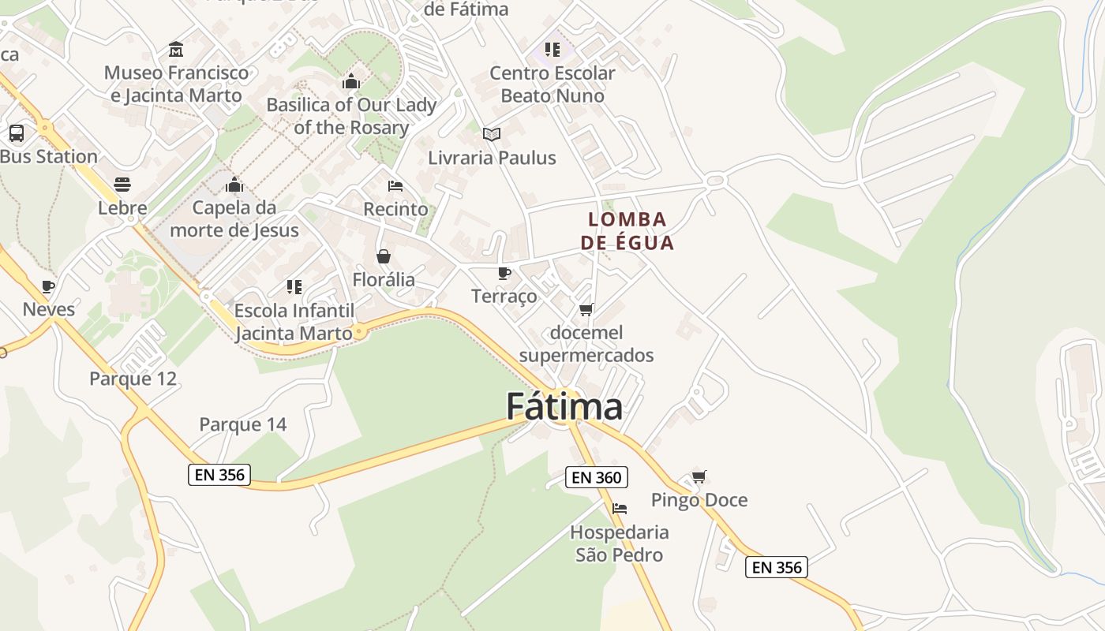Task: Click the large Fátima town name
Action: [x=564, y=407]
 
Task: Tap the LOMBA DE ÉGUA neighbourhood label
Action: [x=627, y=230]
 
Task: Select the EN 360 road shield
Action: [x=597, y=477]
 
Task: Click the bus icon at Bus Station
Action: [x=17, y=133]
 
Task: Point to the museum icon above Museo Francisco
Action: [x=176, y=49]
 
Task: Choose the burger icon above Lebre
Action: [x=122, y=185]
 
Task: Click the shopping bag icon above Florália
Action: [x=384, y=256]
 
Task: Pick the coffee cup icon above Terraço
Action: [x=504, y=273]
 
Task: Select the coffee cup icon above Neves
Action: [x=48, y=286]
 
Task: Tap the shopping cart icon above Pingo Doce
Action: [x=699, y=476]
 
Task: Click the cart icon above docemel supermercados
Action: [x=586, y=309]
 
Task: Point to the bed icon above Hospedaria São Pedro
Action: [x=620, y=509]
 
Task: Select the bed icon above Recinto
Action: [x=395, y=186]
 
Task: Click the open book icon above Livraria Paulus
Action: [x=492, y=134]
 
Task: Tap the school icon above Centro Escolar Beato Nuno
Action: [x=552, y=50]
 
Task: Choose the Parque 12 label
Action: [x=133, y=379]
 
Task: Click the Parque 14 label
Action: [x=242, y=424]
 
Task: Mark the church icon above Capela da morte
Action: [x=234, y=185]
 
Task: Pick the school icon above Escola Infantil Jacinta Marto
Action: [x=294, y=286]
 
